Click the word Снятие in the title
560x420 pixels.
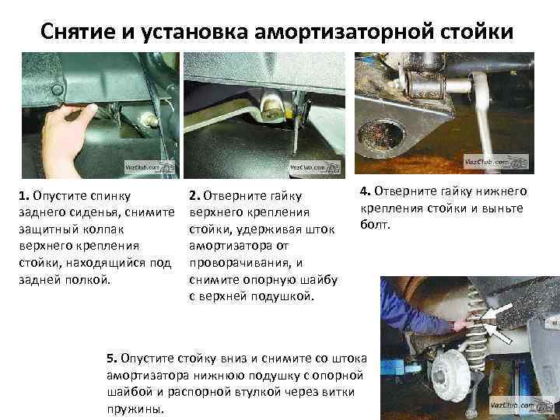point(77,31)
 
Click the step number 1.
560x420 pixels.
point(24,196)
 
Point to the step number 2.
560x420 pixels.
point(194,196)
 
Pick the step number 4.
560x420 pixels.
point(365,191)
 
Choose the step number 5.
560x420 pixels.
point(112,358)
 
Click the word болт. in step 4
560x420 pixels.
point(375,225)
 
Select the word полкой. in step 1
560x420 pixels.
point(87,280)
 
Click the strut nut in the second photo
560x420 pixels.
point(272,108)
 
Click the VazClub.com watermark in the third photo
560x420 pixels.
point(496,162)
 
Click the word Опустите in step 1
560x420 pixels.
point(59,196)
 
